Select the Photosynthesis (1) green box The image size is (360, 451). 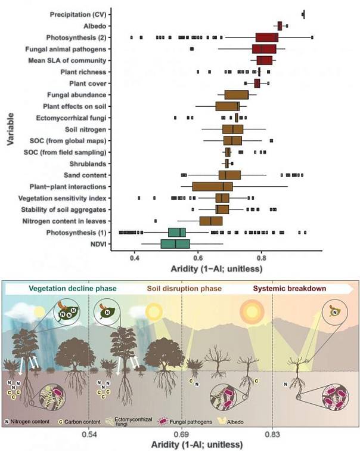coord(177,232)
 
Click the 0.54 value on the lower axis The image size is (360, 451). coord(88,433)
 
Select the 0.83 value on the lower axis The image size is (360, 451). coord(272,433)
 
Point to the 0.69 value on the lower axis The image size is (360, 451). coord(181,433)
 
